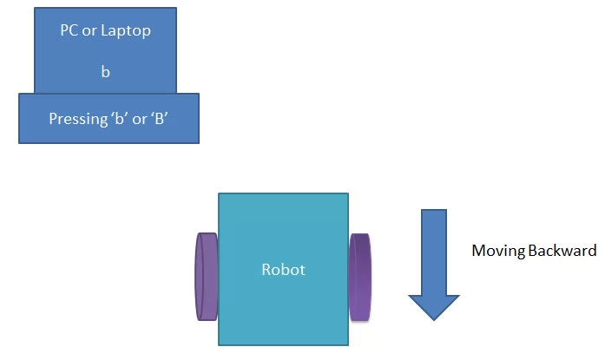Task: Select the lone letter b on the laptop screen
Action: [x=105, y=73]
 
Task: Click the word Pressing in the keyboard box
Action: [x=76, y=119]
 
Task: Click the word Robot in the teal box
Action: [x=284, y=270]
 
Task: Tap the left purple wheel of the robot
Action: [x=207, y=276]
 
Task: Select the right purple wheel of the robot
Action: [x=360, y=276]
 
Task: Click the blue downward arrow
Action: [x=434, y=260]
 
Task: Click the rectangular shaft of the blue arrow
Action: [x=434, y=247]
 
